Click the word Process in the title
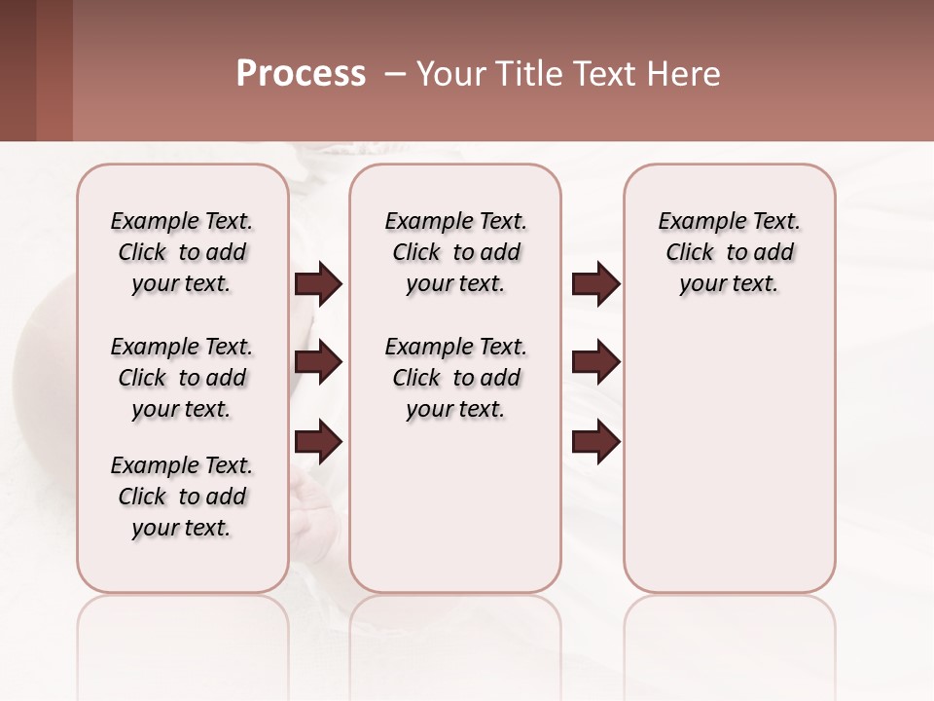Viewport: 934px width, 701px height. pos(301,74)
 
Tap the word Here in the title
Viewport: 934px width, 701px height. pos(685,74)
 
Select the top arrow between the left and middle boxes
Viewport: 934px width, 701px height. pos(318,284)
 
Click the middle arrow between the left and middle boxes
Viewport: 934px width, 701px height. pos(318,362)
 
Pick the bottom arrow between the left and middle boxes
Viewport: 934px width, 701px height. pos(318,442)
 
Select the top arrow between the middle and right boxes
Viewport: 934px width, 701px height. pos(595,284)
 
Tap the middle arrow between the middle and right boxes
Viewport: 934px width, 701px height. pos(595,362)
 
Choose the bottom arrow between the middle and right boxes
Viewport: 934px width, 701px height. pos(595,442)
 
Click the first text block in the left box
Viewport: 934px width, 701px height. pos(182,252)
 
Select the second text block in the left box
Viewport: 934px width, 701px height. pos(182,378)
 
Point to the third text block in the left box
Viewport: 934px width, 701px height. pos(182,497)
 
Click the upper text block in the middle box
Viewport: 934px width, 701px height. pos(455,252)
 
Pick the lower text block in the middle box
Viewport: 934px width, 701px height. pos(455,378)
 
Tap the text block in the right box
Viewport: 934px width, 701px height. pos(729,252)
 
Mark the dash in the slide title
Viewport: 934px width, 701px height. pos(394,74)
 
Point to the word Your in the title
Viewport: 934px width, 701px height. pos(449,74)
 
